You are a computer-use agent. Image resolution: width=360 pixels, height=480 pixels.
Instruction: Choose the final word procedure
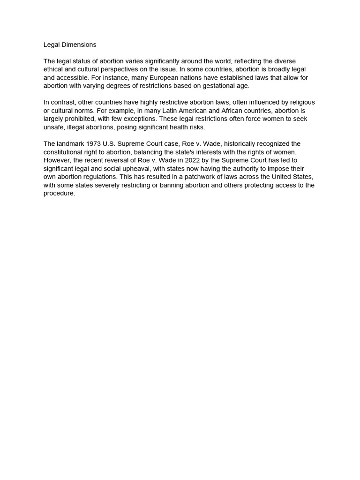point(59,193)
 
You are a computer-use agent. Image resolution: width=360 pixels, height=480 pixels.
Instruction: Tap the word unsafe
point(54,127)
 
